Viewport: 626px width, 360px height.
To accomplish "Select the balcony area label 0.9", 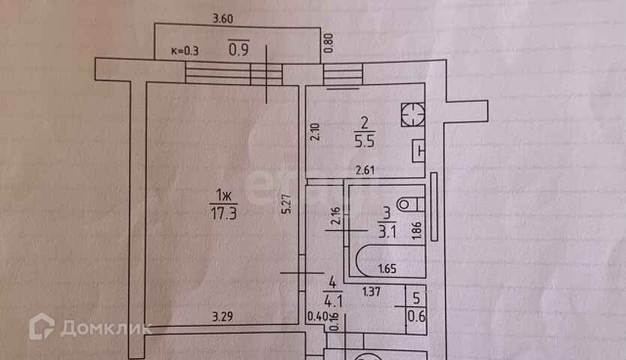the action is point(238,52).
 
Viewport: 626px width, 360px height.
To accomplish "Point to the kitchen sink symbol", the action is point(417,150).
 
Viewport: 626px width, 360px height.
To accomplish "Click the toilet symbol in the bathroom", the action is point(409,204).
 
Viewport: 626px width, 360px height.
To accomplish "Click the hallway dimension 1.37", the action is point(370,291).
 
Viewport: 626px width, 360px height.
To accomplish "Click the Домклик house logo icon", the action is point(41,327).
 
